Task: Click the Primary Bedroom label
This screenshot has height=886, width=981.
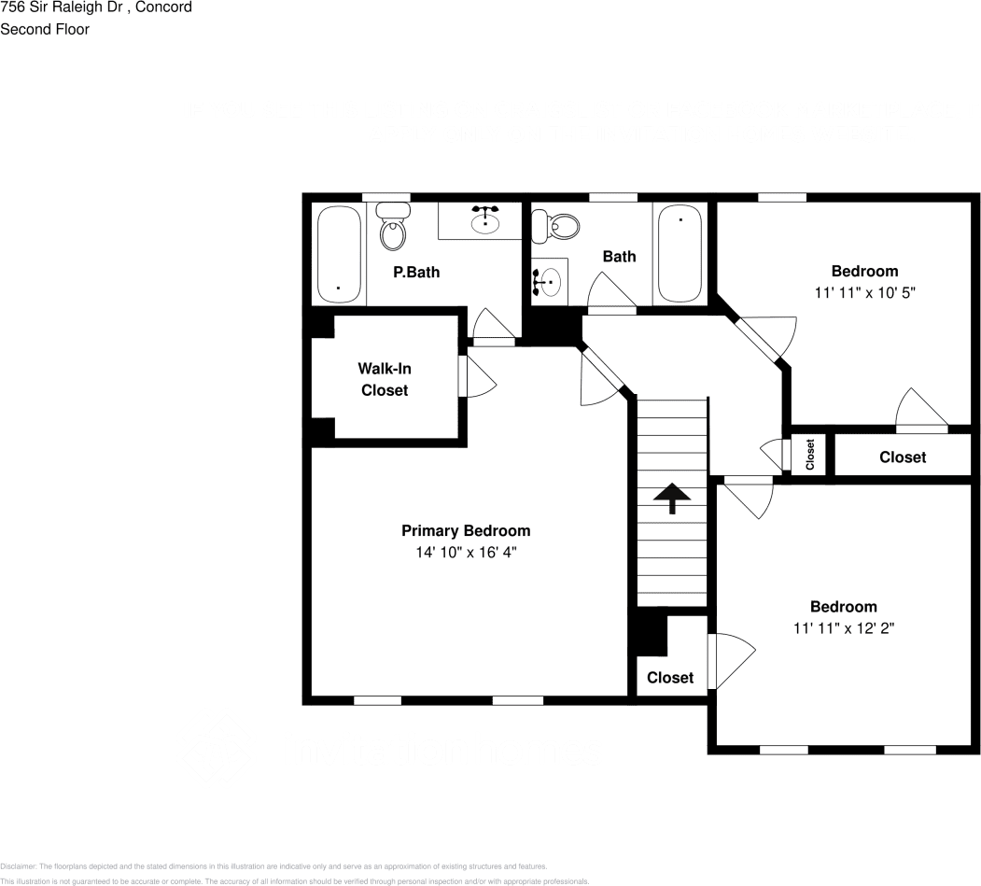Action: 466,530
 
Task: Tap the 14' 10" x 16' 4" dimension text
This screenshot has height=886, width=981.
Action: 466,553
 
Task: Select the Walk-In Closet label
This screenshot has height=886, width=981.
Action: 385,379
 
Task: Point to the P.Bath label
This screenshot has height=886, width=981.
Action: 415,273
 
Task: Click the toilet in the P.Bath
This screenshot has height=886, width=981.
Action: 393,227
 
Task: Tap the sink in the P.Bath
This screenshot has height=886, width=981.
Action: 484,221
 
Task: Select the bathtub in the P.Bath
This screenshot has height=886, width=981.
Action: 338,254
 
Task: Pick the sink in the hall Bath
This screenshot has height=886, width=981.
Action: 548,278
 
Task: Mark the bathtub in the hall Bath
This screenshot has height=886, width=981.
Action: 680,253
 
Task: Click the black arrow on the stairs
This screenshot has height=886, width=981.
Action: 671,499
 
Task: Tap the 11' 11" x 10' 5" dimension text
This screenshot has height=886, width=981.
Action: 864,292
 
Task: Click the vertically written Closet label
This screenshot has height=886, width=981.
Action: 809,455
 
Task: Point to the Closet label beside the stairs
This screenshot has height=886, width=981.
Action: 670,677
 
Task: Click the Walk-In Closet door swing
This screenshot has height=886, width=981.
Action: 478,376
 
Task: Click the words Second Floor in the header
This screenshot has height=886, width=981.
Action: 45,29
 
